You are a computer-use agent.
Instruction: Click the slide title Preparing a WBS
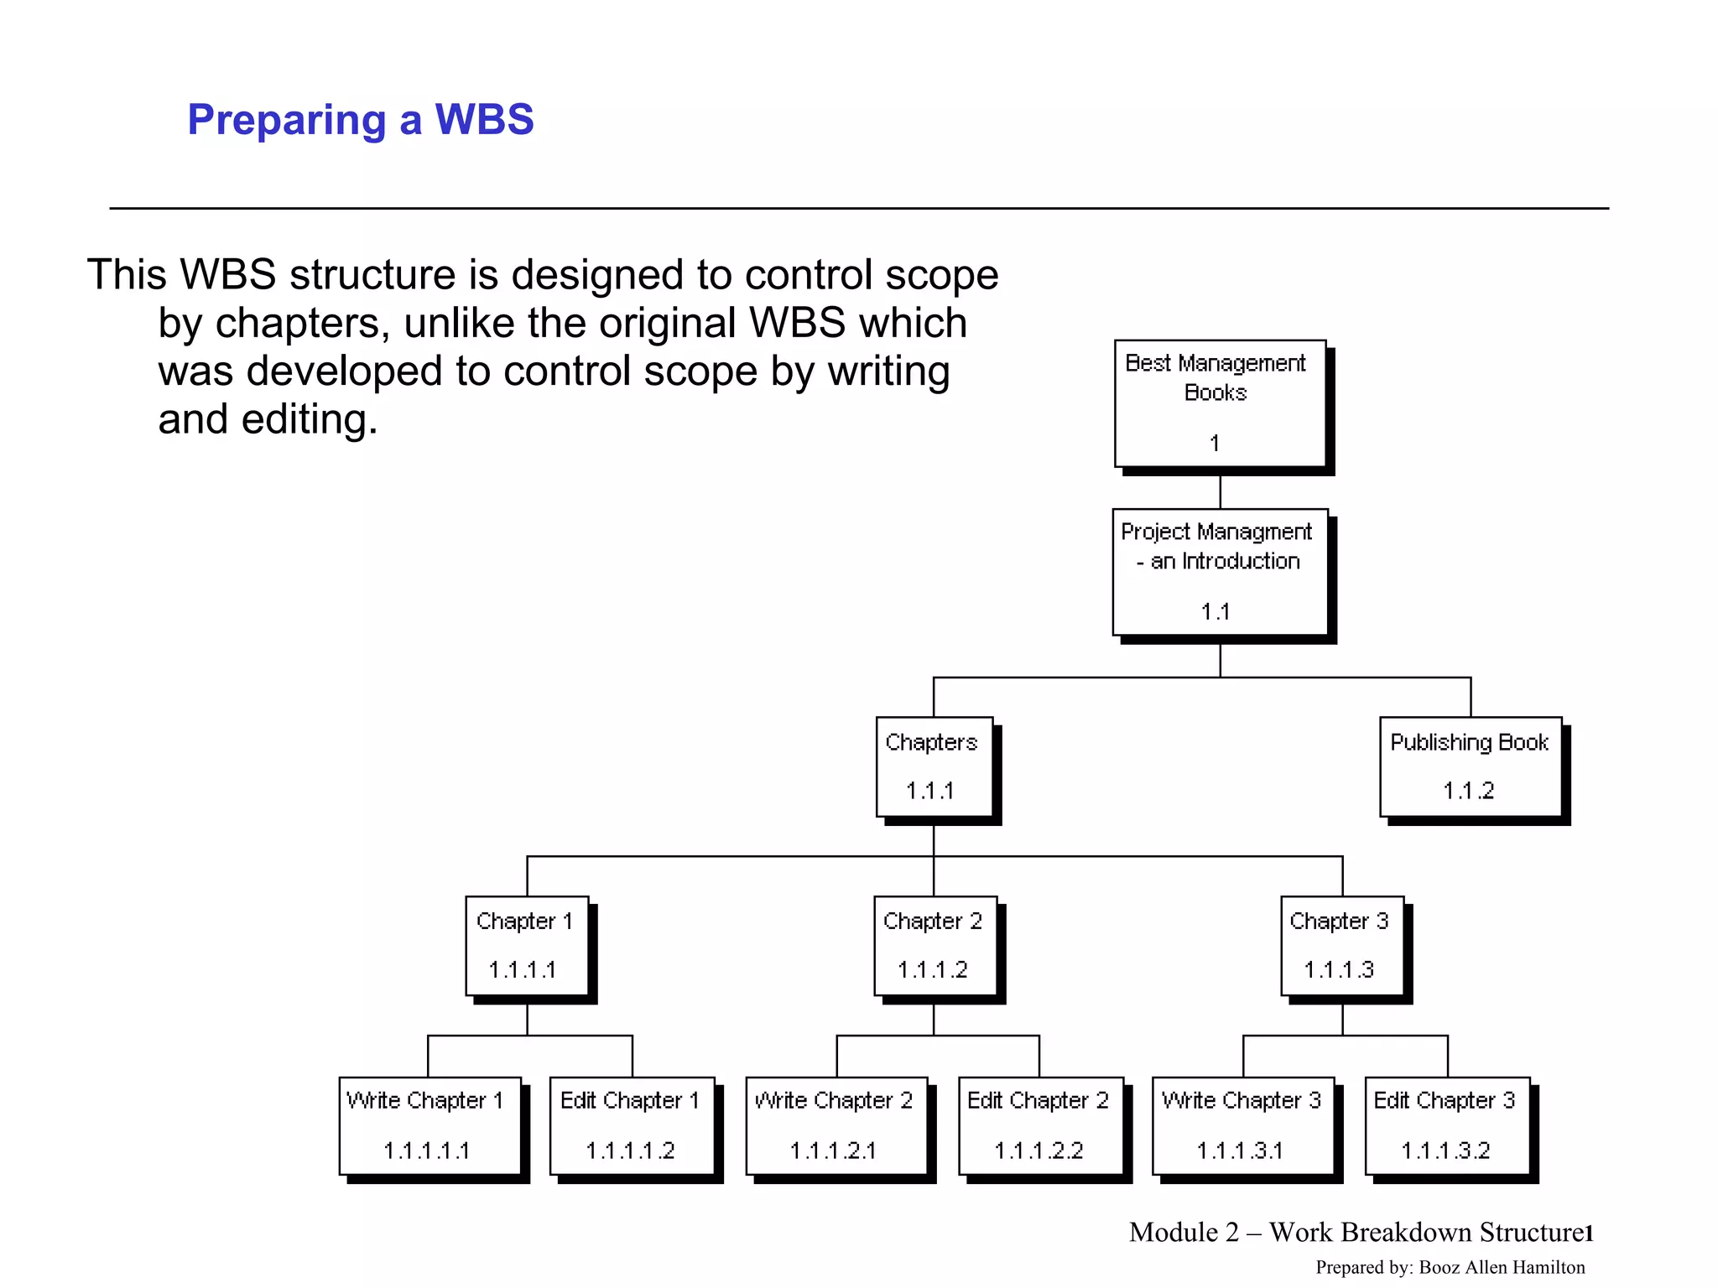coord(360,119)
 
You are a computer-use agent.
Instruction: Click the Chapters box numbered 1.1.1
coord(934,766)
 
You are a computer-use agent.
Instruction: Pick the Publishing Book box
coord(1470,766)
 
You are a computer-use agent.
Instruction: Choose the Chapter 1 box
coord(527,945)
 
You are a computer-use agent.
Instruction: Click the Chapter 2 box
coord(934,945)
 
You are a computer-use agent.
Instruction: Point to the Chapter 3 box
coord(1341,945)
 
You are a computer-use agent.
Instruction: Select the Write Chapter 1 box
coord(429,1125)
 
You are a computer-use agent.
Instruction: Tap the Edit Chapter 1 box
coord(632,1125)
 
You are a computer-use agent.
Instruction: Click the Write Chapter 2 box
coord(836,1125)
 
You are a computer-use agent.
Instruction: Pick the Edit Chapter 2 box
coord(1040,1125)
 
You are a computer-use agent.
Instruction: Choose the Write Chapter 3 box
coord(1242,1125)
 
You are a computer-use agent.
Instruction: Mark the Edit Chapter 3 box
coord(1446,1125)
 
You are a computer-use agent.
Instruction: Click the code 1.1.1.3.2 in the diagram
coord(1445,1150)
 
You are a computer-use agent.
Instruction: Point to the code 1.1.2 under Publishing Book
coord(1468,791)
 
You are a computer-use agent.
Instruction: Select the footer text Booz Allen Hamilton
coord(1502,1267)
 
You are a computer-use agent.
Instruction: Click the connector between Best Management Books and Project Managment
coord(1220,491)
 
